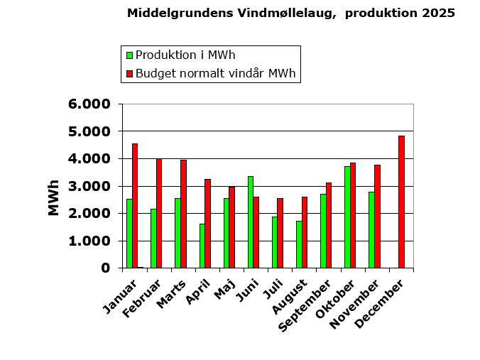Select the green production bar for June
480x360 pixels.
click(x=251, y=222)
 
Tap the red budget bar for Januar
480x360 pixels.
click(x=135, y=206)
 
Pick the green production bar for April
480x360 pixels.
click(x=202, y=246)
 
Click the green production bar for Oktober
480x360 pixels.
click(x=347, y=217)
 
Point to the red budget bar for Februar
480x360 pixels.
click(x=159, y=213)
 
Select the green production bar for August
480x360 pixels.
click(x=299, y=244)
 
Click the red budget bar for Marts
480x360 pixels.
click(x=183, y=214)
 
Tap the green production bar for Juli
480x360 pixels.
click(x=275, y=242)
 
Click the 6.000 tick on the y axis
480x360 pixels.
click(x=89, y=104)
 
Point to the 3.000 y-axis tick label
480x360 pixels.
click(x=89, y=186)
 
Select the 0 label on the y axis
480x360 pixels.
click(x=105, y=268)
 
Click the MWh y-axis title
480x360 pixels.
click(x=54, y=197)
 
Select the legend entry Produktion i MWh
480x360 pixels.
click(x=185, y=55)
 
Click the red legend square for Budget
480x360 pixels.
click(x=129, y=73)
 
